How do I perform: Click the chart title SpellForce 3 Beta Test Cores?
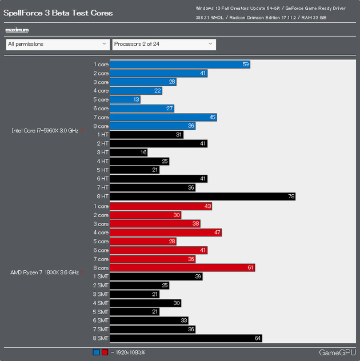tap(58, 13)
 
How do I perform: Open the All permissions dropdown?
tap(57, 44)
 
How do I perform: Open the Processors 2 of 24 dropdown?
tap(163, 44)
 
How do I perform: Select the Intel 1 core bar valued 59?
tap(179, 65)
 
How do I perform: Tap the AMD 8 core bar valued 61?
tap(182, 267)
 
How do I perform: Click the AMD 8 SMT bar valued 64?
tap(186, 338)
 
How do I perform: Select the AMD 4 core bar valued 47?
tap(165, 232)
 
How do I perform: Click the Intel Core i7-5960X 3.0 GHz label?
tap(45, 131)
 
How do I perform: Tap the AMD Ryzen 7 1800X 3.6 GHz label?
tap(44, 272)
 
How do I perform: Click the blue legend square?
tap(96, 352)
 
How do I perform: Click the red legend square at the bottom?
tap(104, 352)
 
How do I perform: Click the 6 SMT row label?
tap(100, 320)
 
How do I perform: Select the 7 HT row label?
tap(102, 187)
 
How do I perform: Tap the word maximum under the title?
tap(17, 30)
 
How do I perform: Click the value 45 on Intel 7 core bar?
tap(211, 118)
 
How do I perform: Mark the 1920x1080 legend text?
tap(129, 352)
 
